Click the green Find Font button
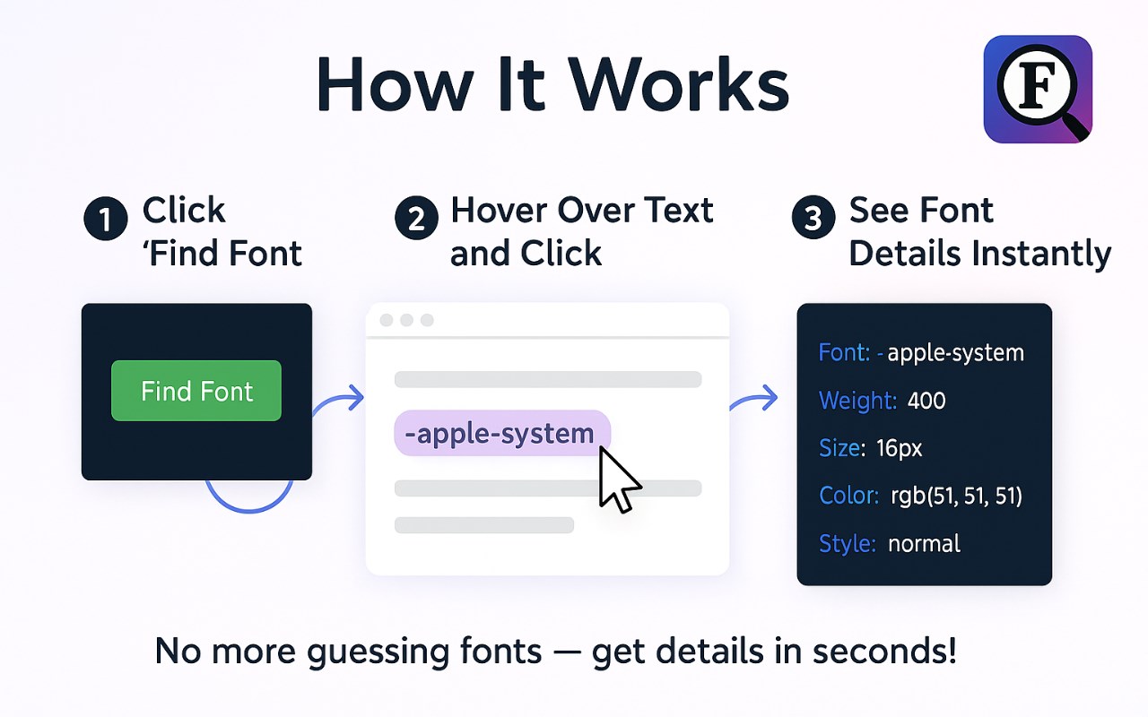tap(196, 391)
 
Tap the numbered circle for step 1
tap(106, 219)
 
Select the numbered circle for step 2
tap(416, 218)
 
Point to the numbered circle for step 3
tap(813, 218)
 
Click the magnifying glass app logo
tap(1038, 89)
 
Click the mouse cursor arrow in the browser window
tap(619, 479)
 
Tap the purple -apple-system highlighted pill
tap(502, 433)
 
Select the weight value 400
tap(926, 401)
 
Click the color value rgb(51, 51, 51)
tap(956, 496)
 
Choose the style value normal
tap(924, 544)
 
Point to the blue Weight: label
tap(858, 401)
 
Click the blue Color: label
tap(848, 496)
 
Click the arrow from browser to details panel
tap(754, 399)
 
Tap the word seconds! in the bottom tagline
tap(884, 651)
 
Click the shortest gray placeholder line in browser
tap(483, 525)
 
